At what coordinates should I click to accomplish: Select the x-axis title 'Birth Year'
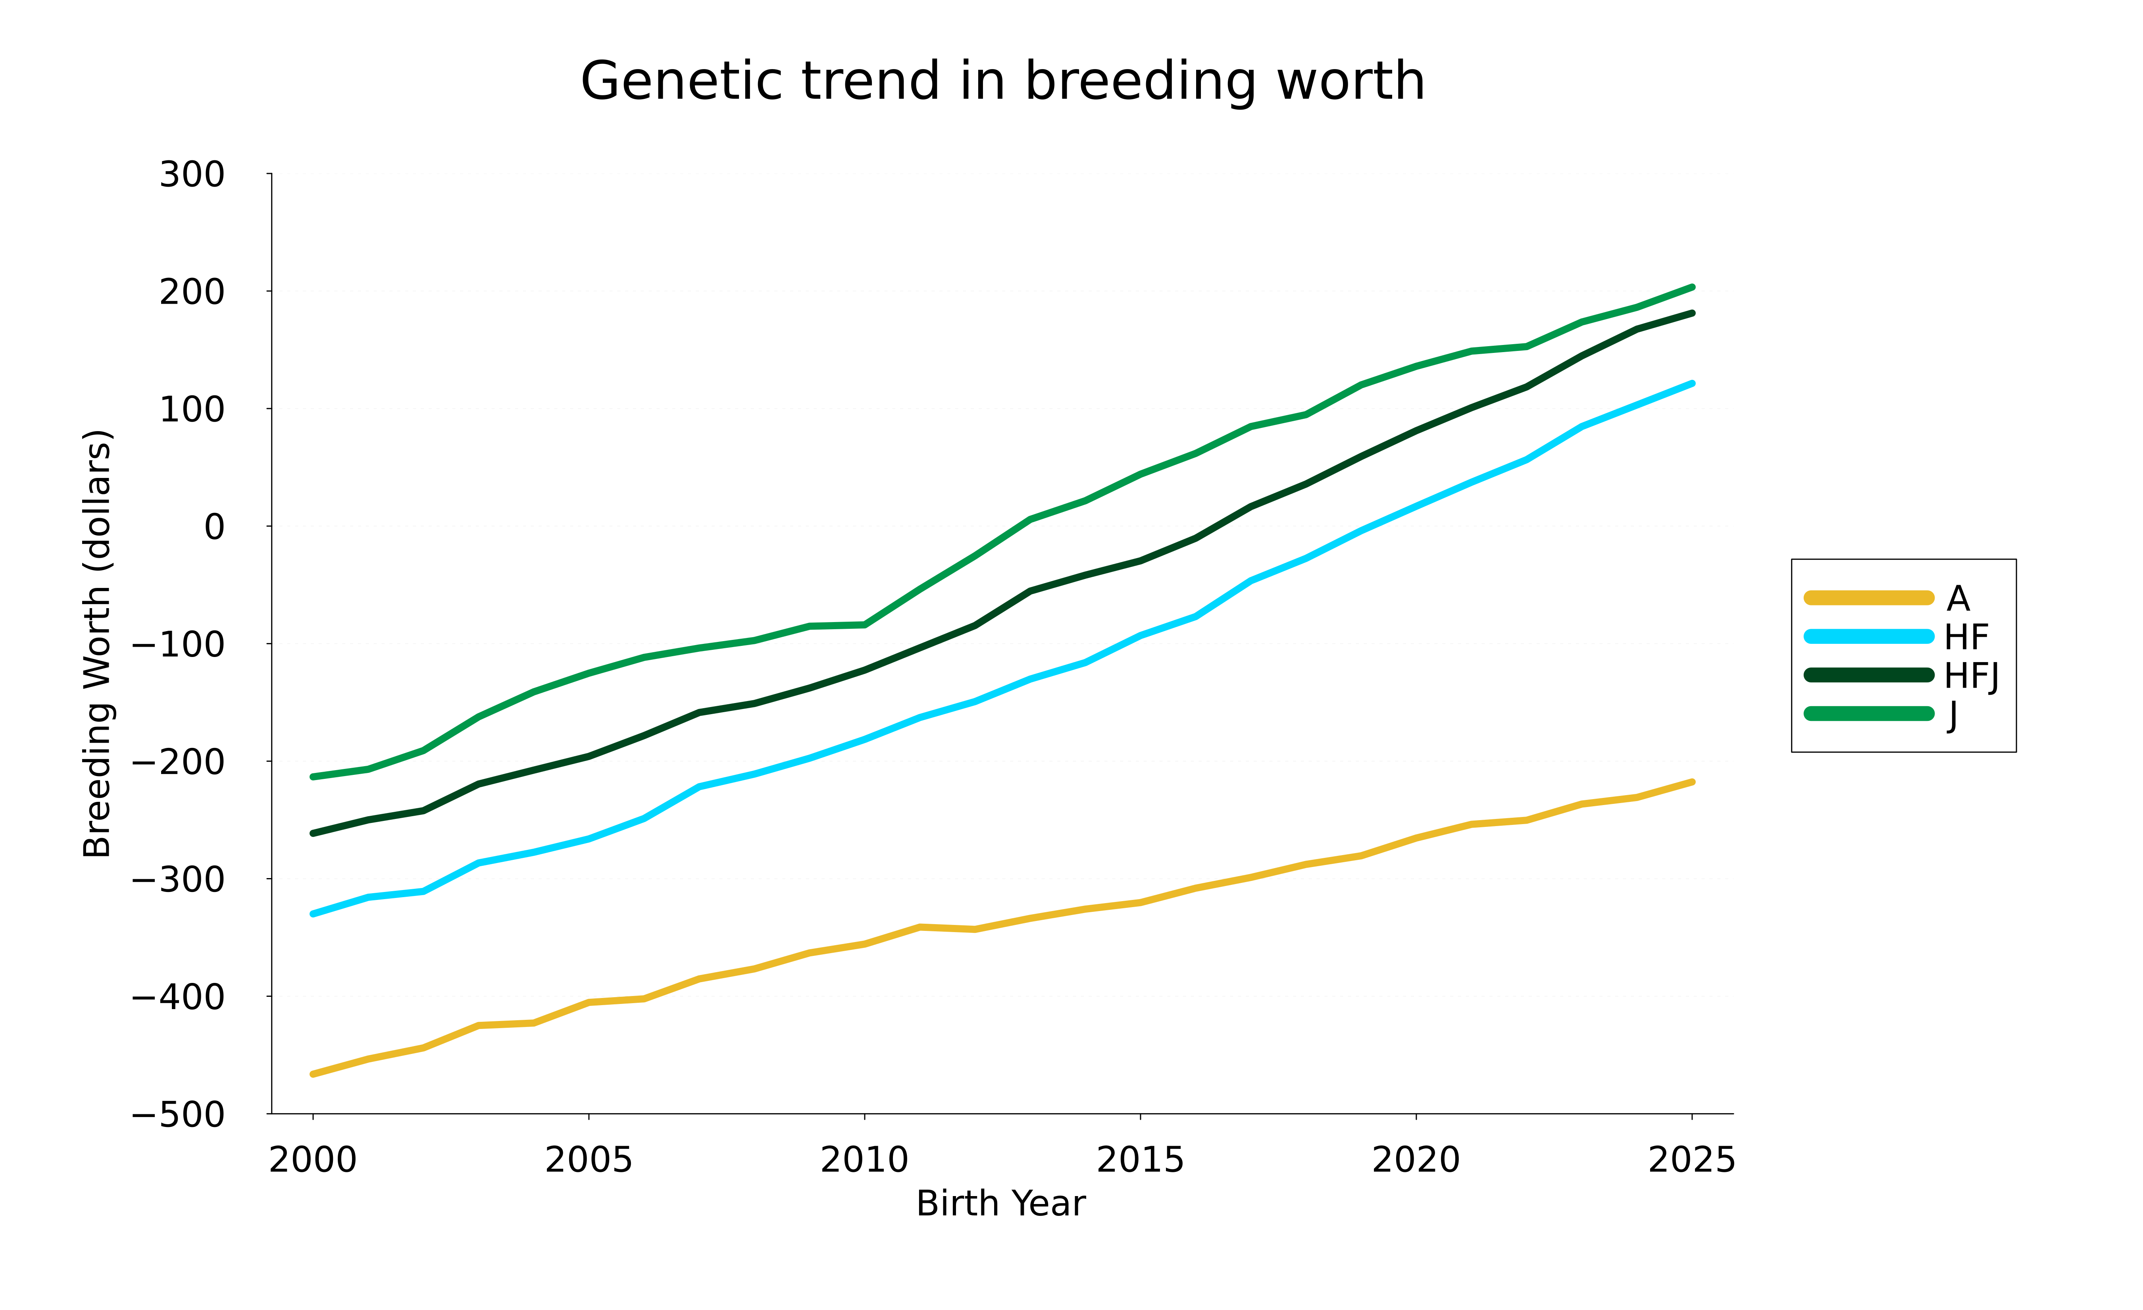pos(1001,1204)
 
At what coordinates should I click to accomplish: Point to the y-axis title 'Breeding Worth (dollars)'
pos(97,644)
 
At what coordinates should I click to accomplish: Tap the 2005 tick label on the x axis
pos(589,1160)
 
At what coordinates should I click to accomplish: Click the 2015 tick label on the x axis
pos(1140,1160)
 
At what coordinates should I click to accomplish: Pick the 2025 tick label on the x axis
pos(1692,1160)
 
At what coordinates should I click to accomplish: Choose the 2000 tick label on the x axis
pos(313,1160)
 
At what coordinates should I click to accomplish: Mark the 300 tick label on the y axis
pos(192,175)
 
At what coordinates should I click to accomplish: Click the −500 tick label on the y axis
pos(178,1114)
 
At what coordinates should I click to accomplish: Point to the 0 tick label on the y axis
pos(214,527)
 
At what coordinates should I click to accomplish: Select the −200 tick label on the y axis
pos(178,762)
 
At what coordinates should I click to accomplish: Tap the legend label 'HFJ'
pos(1972,676)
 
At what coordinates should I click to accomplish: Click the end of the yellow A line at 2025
pos(1692,782)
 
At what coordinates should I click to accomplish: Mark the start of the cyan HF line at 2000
pos(313,913)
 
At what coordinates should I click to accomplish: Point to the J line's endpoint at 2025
pos(1692,287)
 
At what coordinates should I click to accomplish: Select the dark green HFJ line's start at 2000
pos(313,833)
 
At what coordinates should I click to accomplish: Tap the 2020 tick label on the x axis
pos(1416,1160)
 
